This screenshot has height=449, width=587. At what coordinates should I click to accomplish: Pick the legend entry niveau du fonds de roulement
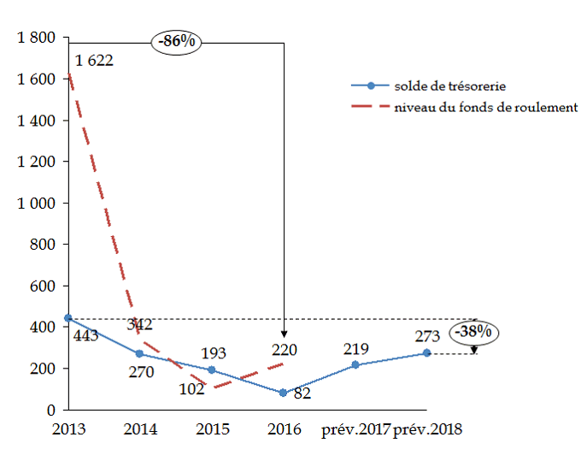tap(485, 107)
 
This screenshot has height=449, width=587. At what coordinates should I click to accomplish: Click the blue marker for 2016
tap(283, 393)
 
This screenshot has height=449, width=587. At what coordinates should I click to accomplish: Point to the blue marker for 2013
tap(68, 318)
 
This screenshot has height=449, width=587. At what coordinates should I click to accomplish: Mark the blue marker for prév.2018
tap(426, 353)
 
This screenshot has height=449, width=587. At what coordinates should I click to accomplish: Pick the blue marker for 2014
tap(140, 354)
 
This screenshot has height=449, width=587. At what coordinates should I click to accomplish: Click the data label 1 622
tap(94, 61)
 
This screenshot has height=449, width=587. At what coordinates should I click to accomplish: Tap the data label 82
tap(302, 393)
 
